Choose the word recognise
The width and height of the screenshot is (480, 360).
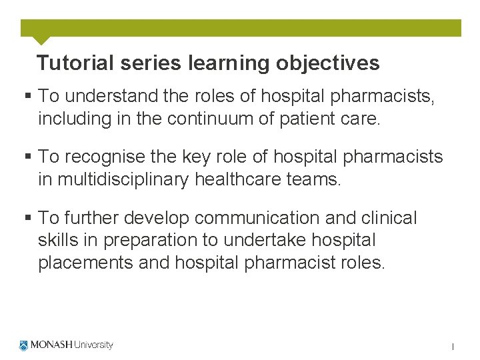point(109,157)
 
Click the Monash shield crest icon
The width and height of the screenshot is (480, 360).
point(24,345)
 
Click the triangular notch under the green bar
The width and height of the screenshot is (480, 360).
point(41,40)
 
